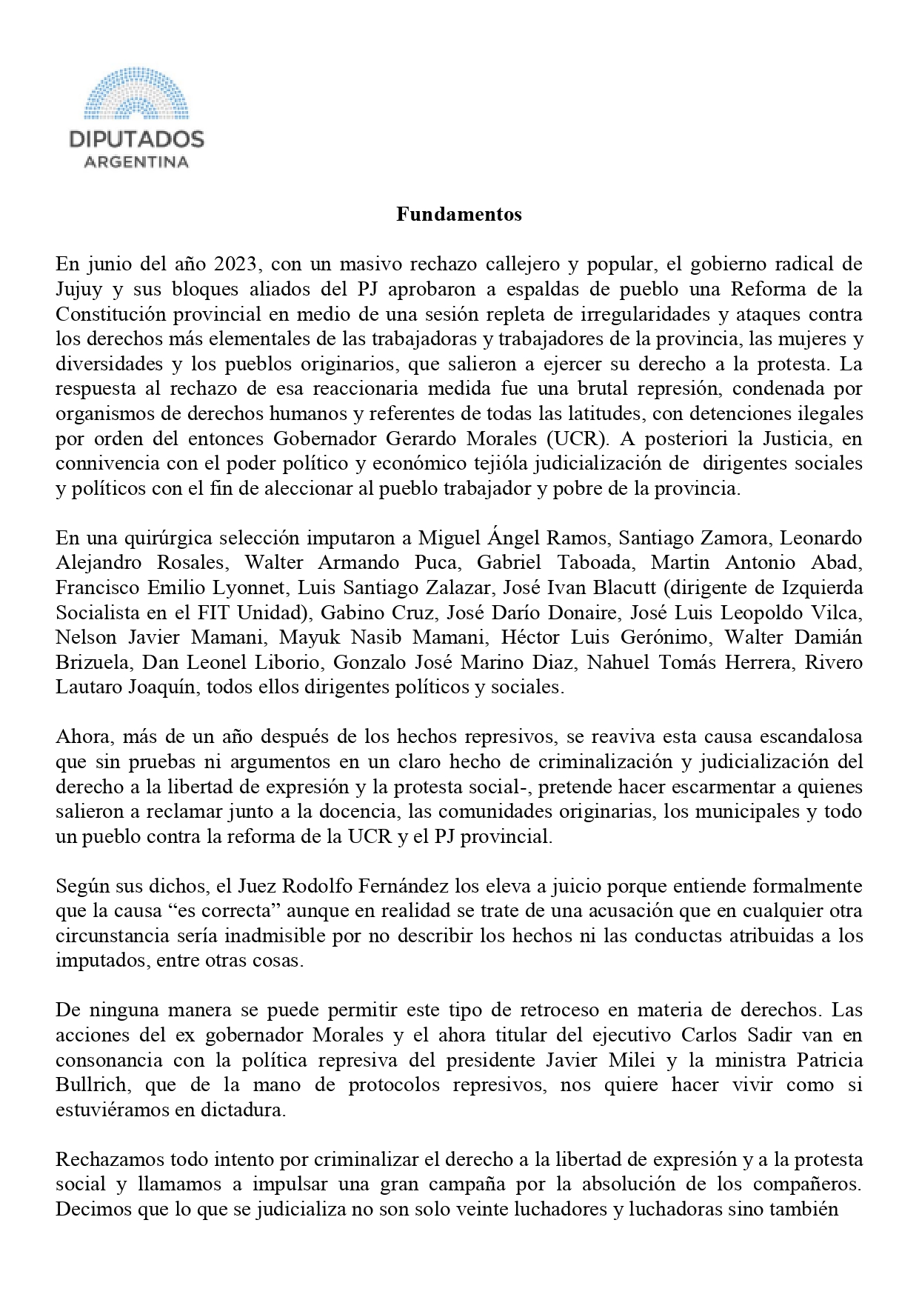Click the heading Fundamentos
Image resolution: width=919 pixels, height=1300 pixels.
tap(458, 215)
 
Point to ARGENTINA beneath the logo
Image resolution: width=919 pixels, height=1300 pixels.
tap(136, 162)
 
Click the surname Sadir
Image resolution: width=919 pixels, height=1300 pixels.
tap(795, 1035)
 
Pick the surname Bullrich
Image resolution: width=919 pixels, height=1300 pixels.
tap(85, 1085)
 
